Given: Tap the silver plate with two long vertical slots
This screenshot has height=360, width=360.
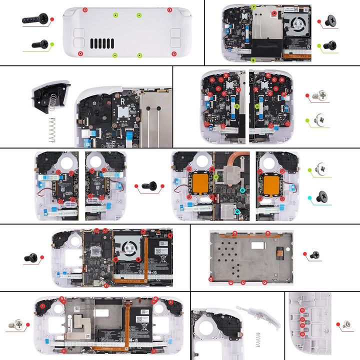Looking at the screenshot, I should tap(155, 120).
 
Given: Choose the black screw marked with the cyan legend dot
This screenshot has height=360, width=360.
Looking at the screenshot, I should tap(323, 197).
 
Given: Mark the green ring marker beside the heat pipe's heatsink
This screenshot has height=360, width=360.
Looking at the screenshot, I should tap(216, 176).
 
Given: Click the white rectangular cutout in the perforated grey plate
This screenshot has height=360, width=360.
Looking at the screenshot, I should tap(258, 244).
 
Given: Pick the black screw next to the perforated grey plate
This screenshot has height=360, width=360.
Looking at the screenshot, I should tap(314, 254).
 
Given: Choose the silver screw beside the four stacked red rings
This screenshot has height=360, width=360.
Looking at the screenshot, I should tap(346, 325).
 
